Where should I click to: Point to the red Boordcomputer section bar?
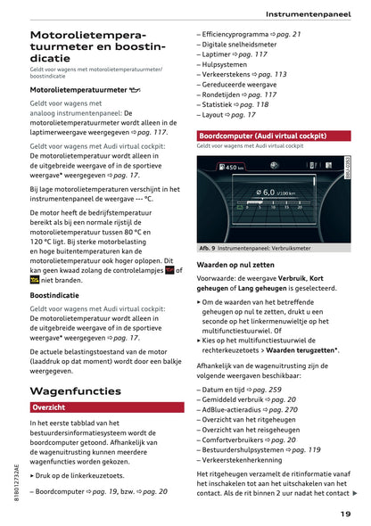click(x=275, y=135)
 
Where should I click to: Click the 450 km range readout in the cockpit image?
click(x=235, y=168)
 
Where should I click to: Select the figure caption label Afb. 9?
click(x=207, y=247)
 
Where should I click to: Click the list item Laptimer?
click(x=219, y=53)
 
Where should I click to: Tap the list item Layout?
click(x=217, y=114)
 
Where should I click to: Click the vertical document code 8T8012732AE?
click(x=18, y=489)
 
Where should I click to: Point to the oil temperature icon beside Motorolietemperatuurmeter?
click(x=135, y=90)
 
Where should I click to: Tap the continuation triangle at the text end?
click(x=355, y=493)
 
